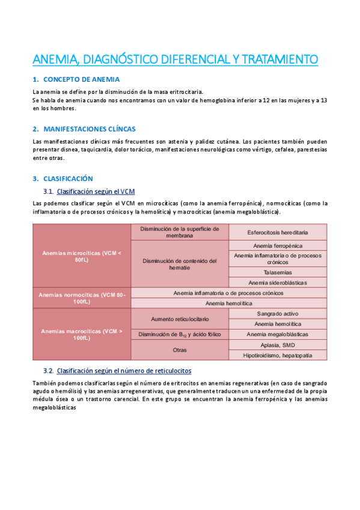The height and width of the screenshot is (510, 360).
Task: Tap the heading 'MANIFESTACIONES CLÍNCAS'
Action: pyautogui.click(x=90, y=129)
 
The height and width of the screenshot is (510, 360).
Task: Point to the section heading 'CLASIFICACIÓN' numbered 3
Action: pyautogui.click(x=68, y=179)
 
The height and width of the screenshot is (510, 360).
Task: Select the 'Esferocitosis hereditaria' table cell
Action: pyautogui.click(x=278, y=232)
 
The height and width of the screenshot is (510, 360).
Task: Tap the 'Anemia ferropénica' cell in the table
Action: pyautogui.click(x=278, y=245)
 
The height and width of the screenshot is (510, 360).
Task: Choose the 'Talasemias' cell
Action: pyautogui.click(x=278, y=272)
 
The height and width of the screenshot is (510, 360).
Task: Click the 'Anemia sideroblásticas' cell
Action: pyautogui.click(x=278, y=282)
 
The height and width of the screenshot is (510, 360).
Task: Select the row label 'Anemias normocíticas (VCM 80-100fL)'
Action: pyautogui.click(x=82, y=298)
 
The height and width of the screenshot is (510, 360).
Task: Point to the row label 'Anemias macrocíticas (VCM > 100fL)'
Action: pyautogui.click(x=82, y=334)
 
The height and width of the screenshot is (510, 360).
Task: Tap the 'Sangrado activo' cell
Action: pyautogui.click(x=278, y=314)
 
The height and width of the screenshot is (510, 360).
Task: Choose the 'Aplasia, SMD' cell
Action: pyautogui.click(x=278, y=345)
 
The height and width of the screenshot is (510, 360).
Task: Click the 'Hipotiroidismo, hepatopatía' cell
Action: pyautogui.click(x=278, y=355)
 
